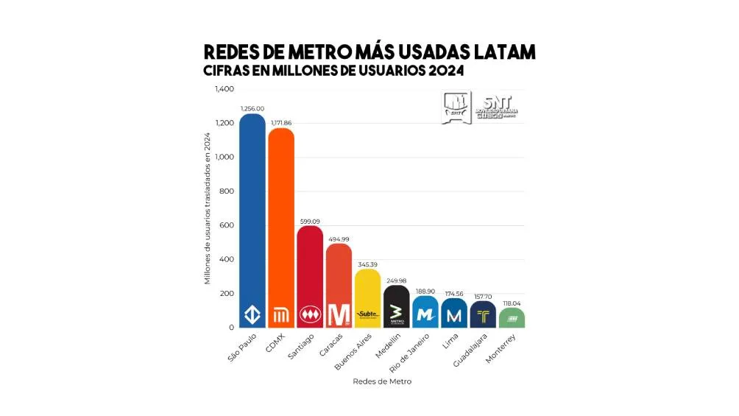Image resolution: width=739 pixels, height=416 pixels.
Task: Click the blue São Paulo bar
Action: (252, 221)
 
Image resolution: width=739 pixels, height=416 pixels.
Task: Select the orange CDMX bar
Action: (280, 228)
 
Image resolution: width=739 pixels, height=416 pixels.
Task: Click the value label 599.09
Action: (310, 220)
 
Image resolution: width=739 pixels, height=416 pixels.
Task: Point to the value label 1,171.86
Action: (280, 122)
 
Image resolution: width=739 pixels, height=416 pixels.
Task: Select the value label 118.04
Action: (512, 303)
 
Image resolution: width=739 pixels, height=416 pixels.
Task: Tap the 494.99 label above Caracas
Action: (339, 239)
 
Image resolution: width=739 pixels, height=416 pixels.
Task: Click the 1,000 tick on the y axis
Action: (224, 157)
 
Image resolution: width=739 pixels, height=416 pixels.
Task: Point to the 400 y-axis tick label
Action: (226, 259)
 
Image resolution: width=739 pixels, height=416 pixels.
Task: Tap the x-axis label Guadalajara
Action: (473, 351)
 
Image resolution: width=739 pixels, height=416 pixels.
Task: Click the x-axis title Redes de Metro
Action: (382, 381)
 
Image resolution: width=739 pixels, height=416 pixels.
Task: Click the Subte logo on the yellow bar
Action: (367, 315)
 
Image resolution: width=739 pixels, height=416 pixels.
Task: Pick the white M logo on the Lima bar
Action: (454, 315)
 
